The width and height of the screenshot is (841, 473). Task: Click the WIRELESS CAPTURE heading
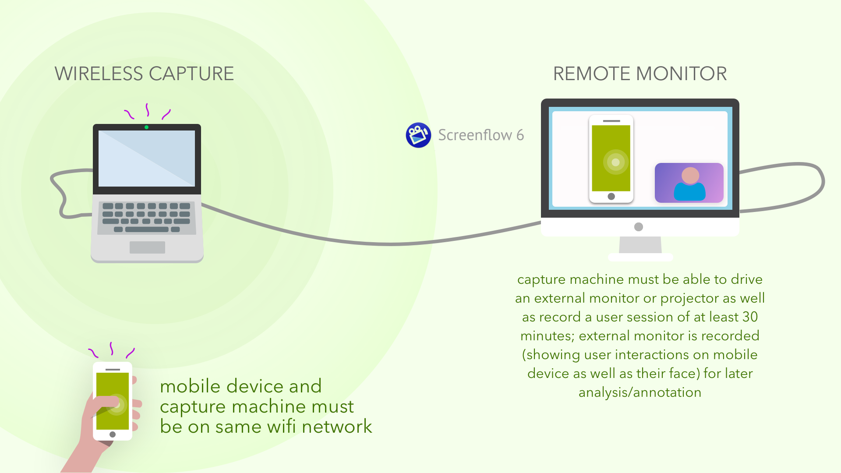(x=144, y=74)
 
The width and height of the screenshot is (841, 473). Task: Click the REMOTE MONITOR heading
(x=640, y=74)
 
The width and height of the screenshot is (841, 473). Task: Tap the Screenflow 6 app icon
(x=418, y=135)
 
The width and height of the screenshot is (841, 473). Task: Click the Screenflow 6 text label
(x=481, y=135)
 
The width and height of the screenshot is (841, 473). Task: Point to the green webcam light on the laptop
(x=146, y=127)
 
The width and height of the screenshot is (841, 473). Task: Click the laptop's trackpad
(x=147, y=247)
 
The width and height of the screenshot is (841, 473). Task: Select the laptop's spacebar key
(x=147, y=229)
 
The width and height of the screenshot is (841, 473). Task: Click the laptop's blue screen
(x=147, y=159)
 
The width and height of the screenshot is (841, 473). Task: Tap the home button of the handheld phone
(x=113, y=434)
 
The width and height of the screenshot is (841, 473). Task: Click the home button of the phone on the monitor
(x=611, y=197)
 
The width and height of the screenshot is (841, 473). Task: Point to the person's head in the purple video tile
(x=690, y=176)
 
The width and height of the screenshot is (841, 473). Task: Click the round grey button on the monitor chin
(x=639, y=227)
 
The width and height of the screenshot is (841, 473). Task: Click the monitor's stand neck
(x=640, y=245)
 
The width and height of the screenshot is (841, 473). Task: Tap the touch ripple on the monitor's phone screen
(x=615, y=162)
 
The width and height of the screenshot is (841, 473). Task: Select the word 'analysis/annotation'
(x=640, y=392)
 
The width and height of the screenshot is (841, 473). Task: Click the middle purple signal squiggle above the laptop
(x=148, y=110)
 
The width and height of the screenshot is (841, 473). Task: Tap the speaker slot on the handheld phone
(x=113, y=370)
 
